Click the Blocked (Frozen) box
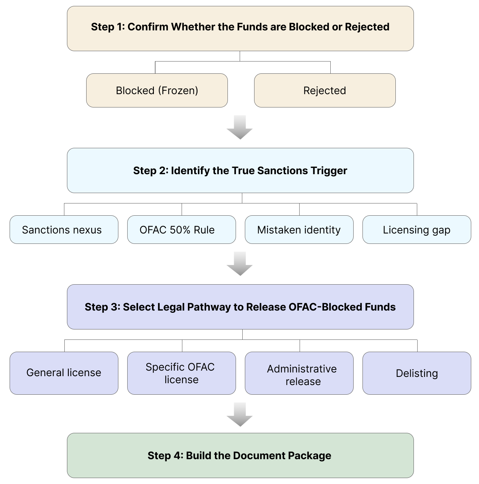157,90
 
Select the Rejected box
325,90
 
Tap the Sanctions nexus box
64,230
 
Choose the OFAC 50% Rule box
182,230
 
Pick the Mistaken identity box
299,230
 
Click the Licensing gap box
416,230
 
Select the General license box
64,373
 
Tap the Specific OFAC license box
182,373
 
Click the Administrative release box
299,373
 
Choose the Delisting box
416,373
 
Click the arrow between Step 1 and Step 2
240,127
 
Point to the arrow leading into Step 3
240,264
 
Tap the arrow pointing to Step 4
240,415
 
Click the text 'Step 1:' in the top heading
108,27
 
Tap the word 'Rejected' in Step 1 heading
367,27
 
